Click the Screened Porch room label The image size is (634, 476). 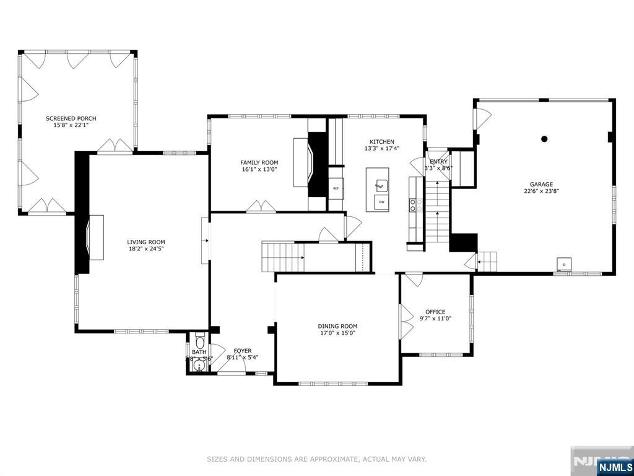pyautogui.click(x=71, y=118)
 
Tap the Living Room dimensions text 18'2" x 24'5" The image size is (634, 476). pyautogui.click(x=145, y=249)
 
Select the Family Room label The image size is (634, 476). pyautogui.click(x=259, y=162)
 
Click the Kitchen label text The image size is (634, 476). pyautogui.click(x=382, y=142)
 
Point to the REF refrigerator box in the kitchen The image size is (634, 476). pyautogui.click(x=336, y=188)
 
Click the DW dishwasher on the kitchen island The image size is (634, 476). pyautogui.click(x=381, y=202)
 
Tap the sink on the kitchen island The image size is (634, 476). pyautogui.click(x=382, y=184)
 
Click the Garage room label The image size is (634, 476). pyautogui.click(x=541, y=184)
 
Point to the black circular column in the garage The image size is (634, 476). pyautogui.click(x=544, y=139)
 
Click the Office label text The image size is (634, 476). pyautogui.click(x=435, y=312)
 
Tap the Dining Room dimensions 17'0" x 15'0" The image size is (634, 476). pyautogui.click(x=337, y=333)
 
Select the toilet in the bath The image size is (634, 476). pyautogui.click(x=199, y=342)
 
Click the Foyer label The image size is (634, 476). pyautogui.click(x=242, y=351)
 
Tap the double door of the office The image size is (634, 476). pyautogui.click(x=406, y=321)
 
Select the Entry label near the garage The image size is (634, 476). pyautogui.click(x=438, y=162)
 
